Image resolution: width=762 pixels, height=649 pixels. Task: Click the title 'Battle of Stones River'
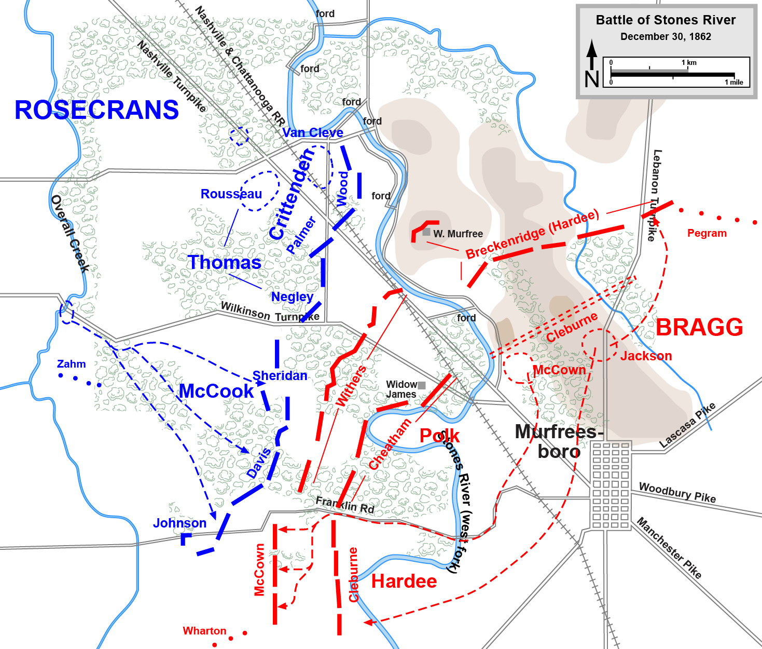coord(666,20)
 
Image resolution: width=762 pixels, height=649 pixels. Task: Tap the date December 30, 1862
coord(666,37)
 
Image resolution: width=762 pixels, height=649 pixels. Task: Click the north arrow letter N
coord(592,79)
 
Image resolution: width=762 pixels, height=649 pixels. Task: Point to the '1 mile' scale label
coord(733,83)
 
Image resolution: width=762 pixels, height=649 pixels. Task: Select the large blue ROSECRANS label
coord(96,110)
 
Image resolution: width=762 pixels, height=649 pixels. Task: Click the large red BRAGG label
coord(699,328)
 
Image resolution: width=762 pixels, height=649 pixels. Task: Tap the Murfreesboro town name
coord(559,441)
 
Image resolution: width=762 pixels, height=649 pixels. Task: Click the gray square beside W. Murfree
coord(426,232)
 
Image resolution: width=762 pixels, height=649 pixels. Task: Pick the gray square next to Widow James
coord(422,385)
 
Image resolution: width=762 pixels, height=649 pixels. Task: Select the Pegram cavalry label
coord(706,233)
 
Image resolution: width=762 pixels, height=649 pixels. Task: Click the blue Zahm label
coord(71,364)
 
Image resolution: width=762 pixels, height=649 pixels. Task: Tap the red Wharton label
coord(204,631)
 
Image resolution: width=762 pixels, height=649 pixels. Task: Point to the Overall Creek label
coord(70,233)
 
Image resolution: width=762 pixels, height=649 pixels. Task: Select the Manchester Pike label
coord(669,548)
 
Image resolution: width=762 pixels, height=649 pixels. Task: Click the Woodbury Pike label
coord(677,492)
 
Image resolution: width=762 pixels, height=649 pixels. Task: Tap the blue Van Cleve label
coord(313,133)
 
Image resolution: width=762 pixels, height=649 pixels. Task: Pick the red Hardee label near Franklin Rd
coord(404,582)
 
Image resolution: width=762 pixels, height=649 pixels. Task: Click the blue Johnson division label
coord(179,523)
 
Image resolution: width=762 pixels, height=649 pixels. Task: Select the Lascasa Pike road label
coord(687,425)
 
